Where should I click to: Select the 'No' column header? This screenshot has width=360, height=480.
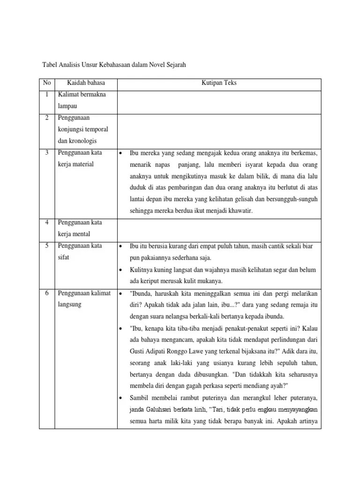47,83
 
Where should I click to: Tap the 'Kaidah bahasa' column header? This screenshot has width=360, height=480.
86,83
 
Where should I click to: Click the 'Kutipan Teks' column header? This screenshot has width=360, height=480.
219,83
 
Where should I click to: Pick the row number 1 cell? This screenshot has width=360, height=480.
47,95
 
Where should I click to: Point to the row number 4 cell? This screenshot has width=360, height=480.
47,222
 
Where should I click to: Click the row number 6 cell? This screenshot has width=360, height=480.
47,293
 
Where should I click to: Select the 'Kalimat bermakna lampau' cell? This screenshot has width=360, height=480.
82,100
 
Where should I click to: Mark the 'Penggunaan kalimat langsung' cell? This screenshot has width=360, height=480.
85,299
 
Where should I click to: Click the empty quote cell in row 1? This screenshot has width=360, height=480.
219,102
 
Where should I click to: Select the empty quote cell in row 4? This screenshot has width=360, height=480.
219,230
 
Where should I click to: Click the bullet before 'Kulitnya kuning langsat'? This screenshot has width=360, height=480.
121,270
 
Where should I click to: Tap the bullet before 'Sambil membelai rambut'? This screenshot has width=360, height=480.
121,398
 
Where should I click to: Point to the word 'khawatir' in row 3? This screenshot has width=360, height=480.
240,211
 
